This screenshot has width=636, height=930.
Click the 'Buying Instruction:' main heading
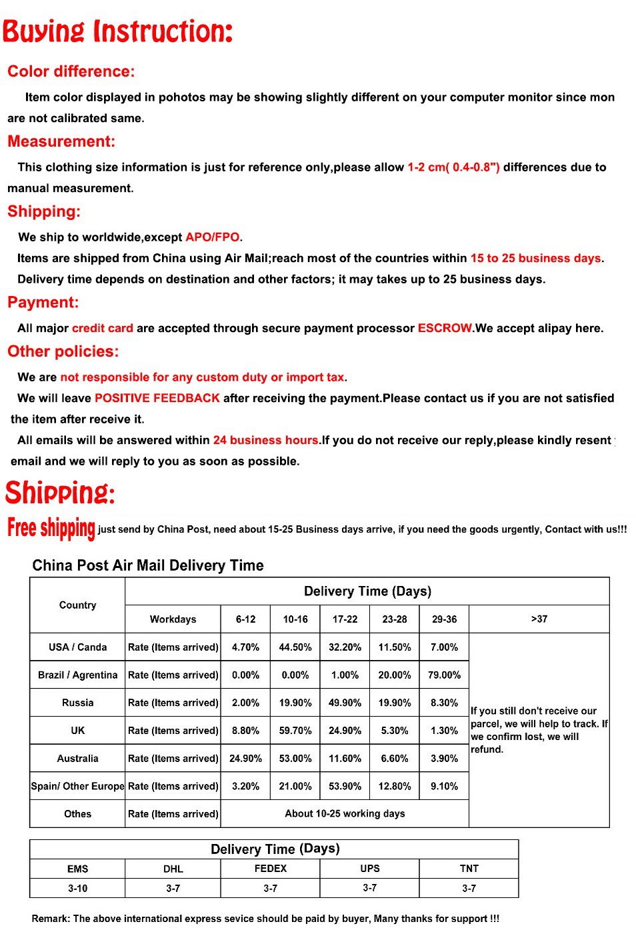(117, 31)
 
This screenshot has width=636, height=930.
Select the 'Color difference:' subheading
(71, 71)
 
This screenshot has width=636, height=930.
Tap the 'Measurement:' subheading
(61, 141)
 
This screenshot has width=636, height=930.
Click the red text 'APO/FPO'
(212, 237)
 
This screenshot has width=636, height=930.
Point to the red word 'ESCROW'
(445, 328)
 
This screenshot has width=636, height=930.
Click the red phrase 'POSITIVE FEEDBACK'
(157, 398)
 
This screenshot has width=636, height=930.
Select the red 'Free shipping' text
(51, 528)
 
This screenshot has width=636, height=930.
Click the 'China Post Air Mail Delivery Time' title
(148, 565)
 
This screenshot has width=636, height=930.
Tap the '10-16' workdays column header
(295, 619)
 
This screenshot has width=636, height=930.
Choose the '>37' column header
(539, 619)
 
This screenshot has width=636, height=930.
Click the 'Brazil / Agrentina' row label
(77, 675)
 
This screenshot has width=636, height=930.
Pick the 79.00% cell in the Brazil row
(444, 675)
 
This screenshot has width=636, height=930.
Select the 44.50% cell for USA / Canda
(295, 647)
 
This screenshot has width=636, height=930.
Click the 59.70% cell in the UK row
(295, 731)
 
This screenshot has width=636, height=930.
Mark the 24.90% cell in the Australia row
(245, 759)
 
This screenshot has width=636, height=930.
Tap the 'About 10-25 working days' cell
(345, 813)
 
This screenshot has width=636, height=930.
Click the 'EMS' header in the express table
(77, 869)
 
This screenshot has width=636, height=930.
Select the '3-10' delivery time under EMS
(77, 889)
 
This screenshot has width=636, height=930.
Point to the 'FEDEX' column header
(270, 869)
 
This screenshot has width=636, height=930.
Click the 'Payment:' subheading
(43, 303)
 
